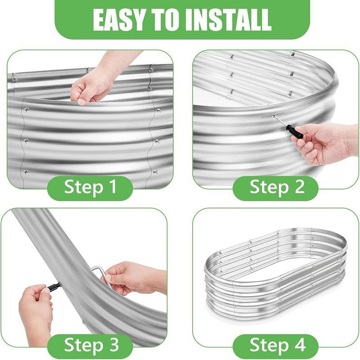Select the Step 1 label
[90, 187]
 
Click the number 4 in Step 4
[300, 345]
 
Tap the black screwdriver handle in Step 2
[294, 131]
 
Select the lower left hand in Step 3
[36, 310]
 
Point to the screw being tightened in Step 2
[274, 116]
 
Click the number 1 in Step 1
[111, 187]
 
